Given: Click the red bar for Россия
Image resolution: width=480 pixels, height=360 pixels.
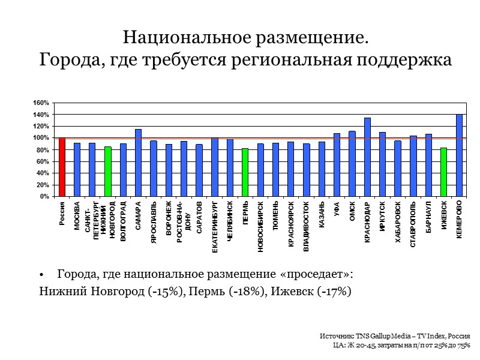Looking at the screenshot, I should [62, 167].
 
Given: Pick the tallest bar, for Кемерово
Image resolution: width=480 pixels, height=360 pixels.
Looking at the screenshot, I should [459, 155].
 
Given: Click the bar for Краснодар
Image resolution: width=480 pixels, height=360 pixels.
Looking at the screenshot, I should [367, 157].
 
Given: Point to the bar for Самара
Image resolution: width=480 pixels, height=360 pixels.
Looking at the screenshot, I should [138, 163].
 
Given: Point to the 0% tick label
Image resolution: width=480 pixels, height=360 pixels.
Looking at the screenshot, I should [43, 196].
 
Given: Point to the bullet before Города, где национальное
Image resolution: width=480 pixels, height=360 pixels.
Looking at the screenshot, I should [42, 275].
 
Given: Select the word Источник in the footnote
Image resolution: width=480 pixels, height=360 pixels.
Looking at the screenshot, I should [334, 337].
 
